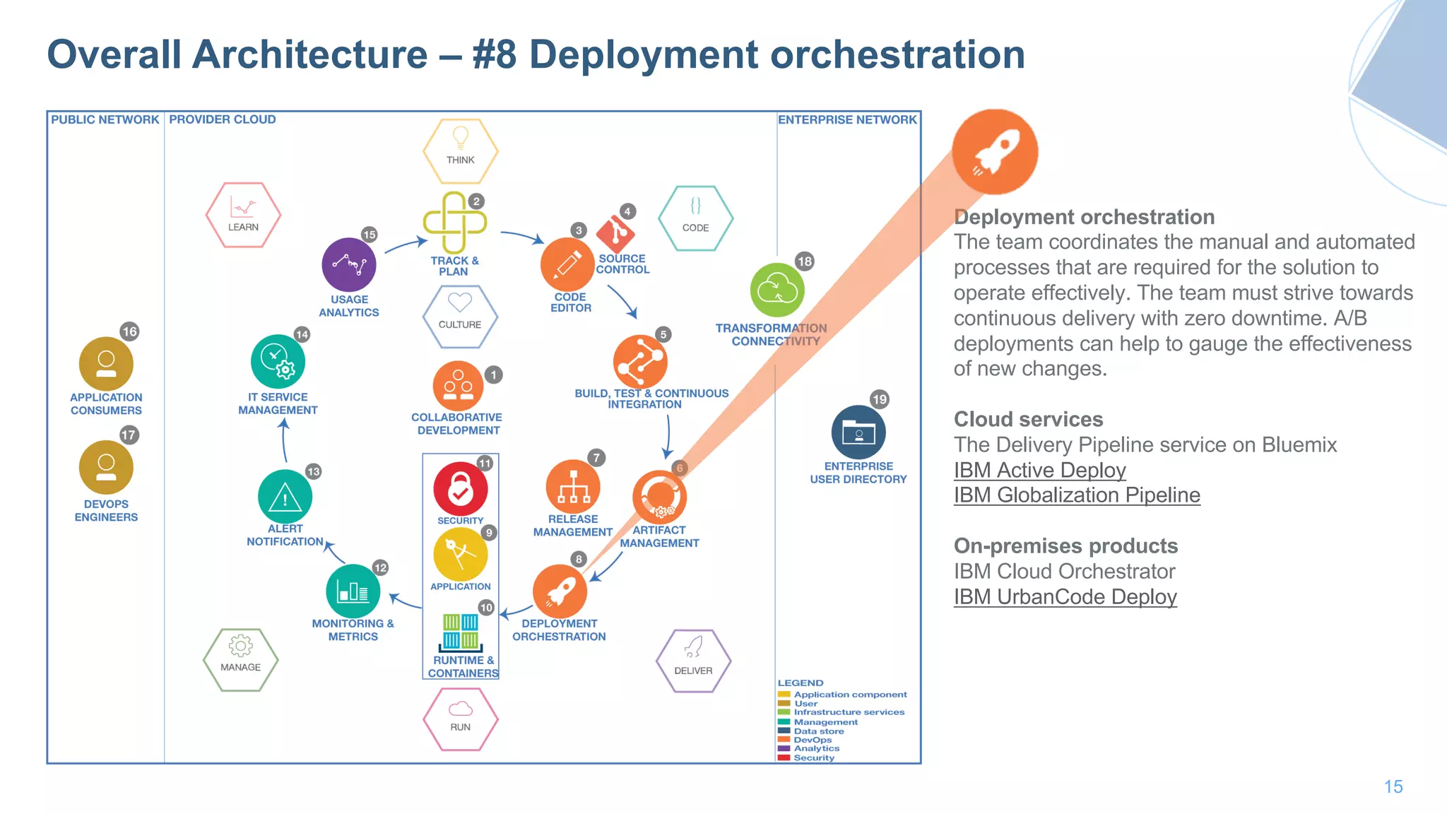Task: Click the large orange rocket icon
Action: [x=995, y=152]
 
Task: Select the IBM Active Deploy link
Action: [x=1039, y=470]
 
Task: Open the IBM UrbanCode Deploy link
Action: [x=1065, y=596]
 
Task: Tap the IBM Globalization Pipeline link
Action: [x=1077, y=495]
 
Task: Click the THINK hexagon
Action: [x=461, y=150]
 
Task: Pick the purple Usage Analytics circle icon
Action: [x=349, y=264]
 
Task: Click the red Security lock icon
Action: [x=460, y=489]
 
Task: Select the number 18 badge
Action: [x=804, y=261]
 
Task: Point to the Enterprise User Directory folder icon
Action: [x=858, y=432]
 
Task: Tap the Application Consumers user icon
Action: [x=106, y=364]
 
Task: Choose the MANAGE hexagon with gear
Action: [x=240, y=659]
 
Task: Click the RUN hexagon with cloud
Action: [x=461, y=718]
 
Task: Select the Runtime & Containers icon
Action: [x=461, y=632]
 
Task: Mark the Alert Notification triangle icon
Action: [x=285, y=497]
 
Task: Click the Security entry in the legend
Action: [x=813, y=757]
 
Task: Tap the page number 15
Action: [x=1393, y=786]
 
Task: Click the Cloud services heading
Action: [x=1028, y=419]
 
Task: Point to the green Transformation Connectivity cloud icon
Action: [x=777, y=290]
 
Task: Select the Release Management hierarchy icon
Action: [x=573, y=487]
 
